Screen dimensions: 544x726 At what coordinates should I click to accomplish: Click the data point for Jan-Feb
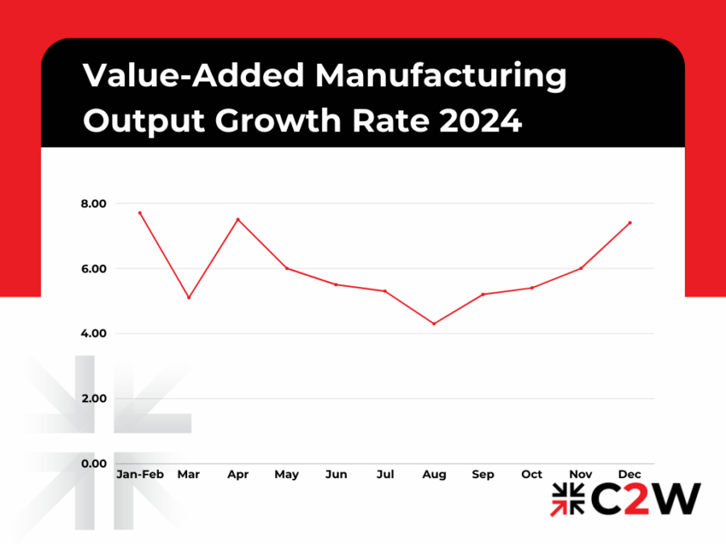(x=140, y=213)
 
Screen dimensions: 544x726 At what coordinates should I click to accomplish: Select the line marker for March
(x=189, y=297)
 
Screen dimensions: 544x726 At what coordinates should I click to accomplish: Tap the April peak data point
(x=238, y=219)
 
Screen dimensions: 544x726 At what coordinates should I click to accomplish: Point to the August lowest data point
(x=434, y=324)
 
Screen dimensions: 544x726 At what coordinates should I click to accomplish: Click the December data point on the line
(x=630, y=222)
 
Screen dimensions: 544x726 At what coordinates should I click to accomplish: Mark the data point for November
(x=581, y=268)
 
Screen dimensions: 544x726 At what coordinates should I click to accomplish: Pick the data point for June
(x=336, y=284)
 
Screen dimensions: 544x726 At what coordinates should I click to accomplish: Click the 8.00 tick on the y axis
(x=94, y=204)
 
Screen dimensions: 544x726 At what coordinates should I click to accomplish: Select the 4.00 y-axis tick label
(x=94, y=334)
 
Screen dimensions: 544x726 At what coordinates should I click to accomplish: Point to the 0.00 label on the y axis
(x=94, y=463)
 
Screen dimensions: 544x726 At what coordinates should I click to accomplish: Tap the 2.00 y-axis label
(x=94, y=399)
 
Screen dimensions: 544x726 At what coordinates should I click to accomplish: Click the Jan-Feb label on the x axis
(x=140, y=475)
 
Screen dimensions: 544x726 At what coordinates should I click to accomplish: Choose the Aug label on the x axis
(x=434, y=475)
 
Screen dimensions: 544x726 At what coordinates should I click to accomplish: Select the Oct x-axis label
(x=532, y=475)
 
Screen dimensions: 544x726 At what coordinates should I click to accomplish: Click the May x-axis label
(x=286, y=475)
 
